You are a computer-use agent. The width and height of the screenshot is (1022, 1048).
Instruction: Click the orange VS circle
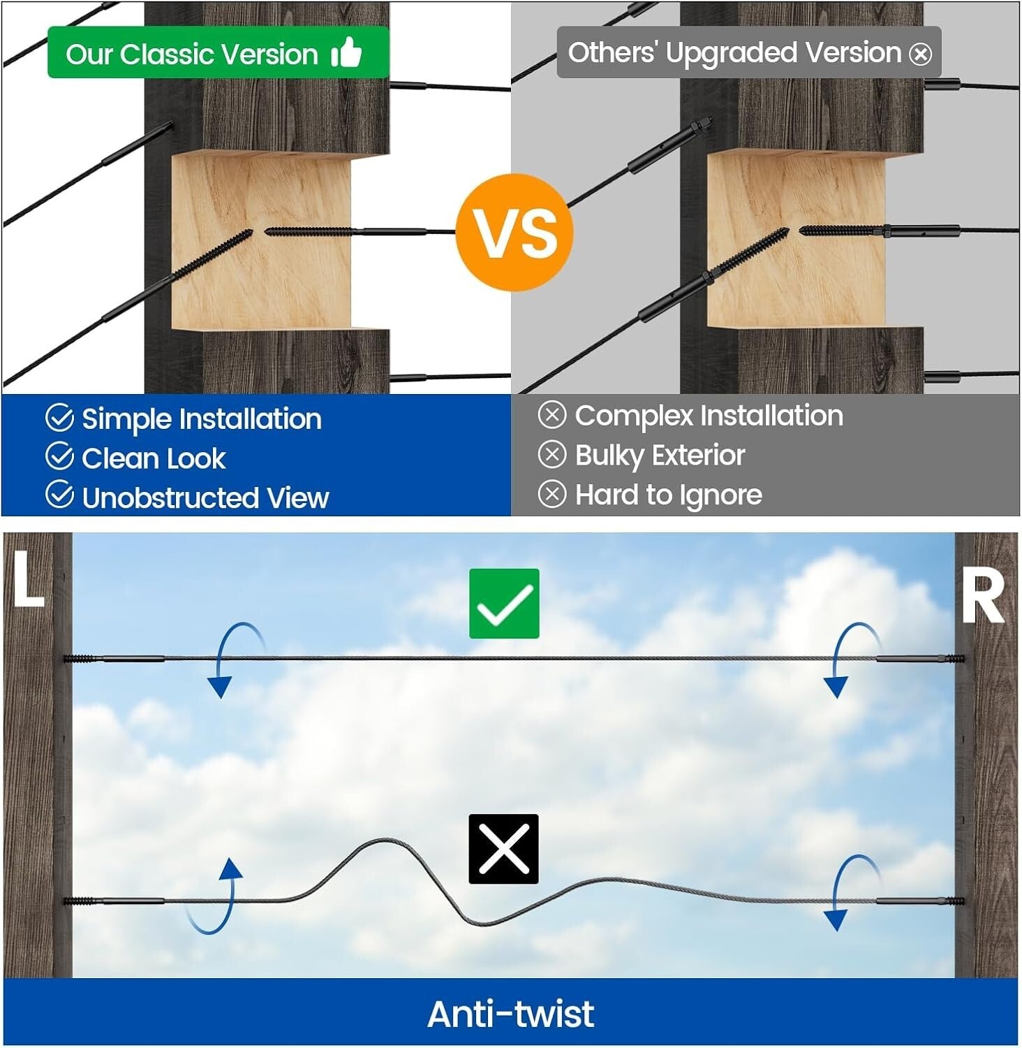514,233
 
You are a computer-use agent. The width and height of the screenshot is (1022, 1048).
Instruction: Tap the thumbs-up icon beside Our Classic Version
346,52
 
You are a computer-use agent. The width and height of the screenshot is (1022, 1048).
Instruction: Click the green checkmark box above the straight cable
504,604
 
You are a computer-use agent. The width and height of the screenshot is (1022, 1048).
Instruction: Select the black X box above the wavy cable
503,849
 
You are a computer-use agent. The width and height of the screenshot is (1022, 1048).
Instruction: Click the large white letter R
982,595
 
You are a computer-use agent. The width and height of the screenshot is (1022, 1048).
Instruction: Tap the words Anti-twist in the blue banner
510,1014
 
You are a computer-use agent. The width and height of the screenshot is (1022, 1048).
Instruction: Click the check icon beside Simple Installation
59,418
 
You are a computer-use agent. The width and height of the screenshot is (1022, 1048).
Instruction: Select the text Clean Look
154,458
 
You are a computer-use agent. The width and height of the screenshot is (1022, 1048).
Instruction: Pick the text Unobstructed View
205,497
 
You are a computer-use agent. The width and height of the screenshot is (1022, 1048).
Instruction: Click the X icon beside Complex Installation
551,415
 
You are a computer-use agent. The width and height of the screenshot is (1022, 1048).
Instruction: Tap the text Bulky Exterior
660,456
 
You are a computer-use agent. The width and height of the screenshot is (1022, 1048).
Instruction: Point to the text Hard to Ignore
668,495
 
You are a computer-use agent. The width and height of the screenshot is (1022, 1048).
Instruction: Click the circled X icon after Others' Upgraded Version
921,54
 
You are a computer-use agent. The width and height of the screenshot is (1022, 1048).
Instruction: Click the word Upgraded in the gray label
732,53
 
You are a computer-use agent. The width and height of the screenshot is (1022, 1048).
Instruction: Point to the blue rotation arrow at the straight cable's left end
230,657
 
